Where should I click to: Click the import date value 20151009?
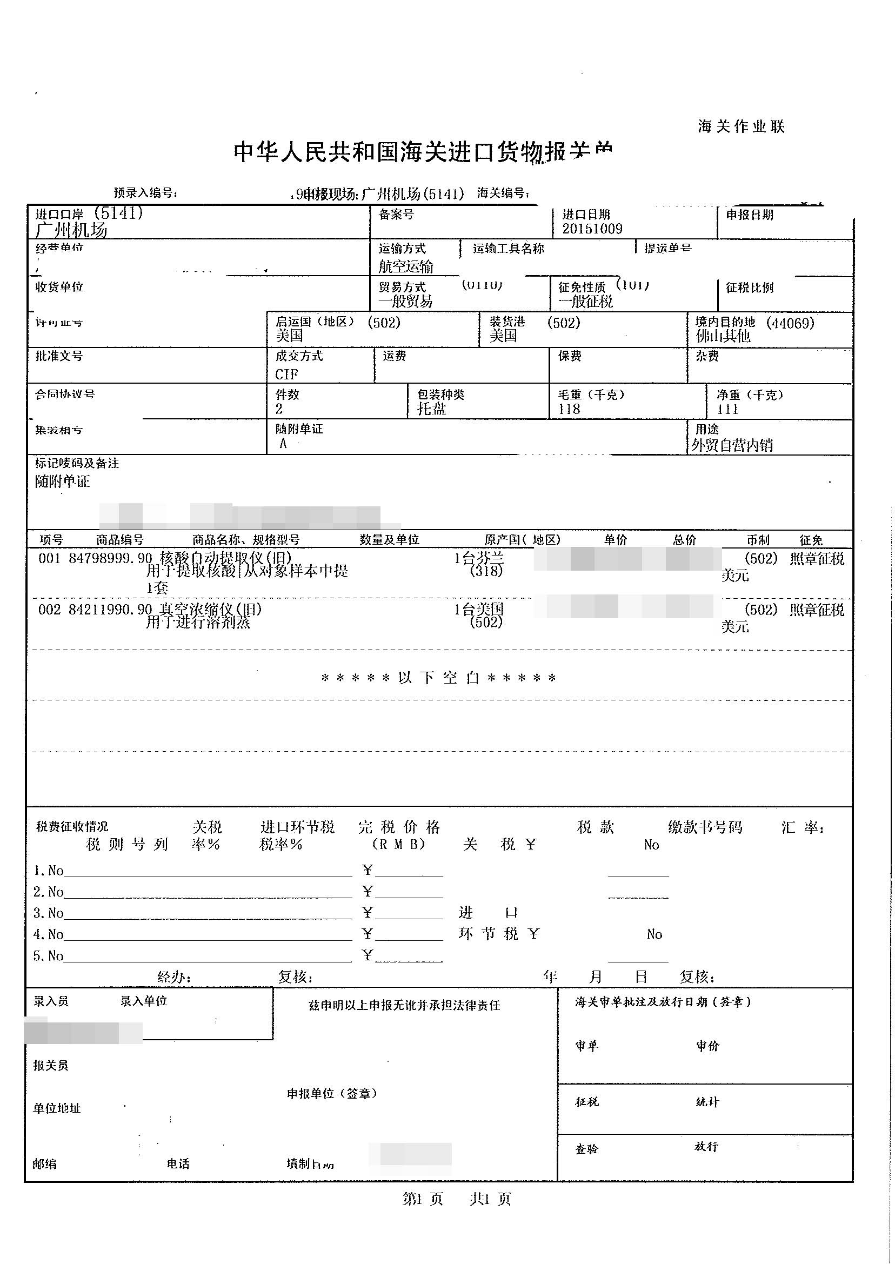tap(592, 229)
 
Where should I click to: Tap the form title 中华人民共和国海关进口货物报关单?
tap(423, 152)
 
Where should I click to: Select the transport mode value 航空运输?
tap(406, 266)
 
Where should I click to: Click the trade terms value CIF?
tap(286, 374)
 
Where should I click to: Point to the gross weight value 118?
tap(569, 409)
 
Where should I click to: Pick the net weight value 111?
tap(727, 409)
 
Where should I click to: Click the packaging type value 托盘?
tap(431, 409)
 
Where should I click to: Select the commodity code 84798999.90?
tap(110, 558)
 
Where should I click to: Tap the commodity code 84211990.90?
tap(110, 610)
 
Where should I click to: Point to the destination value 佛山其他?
tap(723, 336)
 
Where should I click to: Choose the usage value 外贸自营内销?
tap(732, 445)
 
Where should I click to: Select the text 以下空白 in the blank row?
tap(439, 678)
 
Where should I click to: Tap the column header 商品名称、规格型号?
tap(246, 539)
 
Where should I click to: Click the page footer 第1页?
tap(423, 1199)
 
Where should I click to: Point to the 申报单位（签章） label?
tap(332, 1094)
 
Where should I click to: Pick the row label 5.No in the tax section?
tap(49, 956)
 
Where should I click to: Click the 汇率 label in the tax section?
tap(802, 827)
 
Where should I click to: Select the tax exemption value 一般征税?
tap(585, 302)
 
